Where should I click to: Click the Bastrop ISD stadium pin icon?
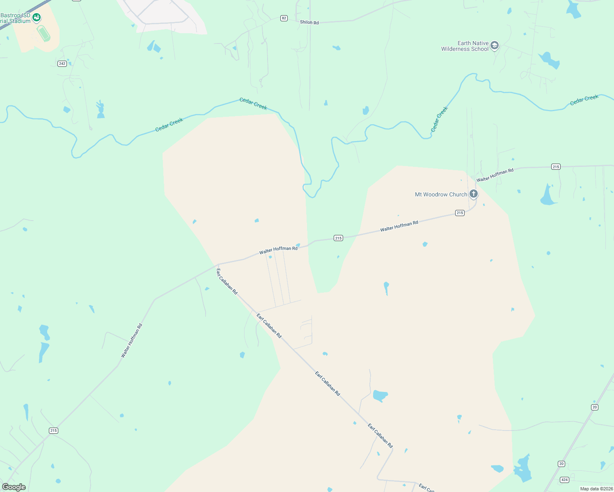click(x=37, y=18)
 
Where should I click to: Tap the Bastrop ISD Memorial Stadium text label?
click(x=16, y=18)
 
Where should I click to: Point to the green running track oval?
click(x=44, y=33)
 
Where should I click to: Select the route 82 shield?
click(x=284, y=18)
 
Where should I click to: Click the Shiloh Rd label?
click(x=309, y=23)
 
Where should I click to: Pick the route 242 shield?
click(x=62, y=64)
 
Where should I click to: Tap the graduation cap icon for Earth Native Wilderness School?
click(x=495, y=45)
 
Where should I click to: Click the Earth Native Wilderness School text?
click(x=465, y=46)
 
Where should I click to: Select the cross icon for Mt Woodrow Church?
click(x=473, y=194)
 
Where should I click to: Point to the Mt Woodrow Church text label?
click(x=441, y=194)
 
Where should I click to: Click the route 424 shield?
click(x=564, y=480)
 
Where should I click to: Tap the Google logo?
click(x=14, y=487)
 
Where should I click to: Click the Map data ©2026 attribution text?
click(x=596, y=489)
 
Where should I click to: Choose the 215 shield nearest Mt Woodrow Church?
click(x=460, y=213)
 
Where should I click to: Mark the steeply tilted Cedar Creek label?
click(x=439, y=119)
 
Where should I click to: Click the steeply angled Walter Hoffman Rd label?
click(x=131, y=341)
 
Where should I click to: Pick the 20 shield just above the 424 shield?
click(x=561, y=464)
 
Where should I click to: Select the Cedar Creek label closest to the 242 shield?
click(x=169, y=125)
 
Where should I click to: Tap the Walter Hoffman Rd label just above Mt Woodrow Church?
click(x=495, y=175)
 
